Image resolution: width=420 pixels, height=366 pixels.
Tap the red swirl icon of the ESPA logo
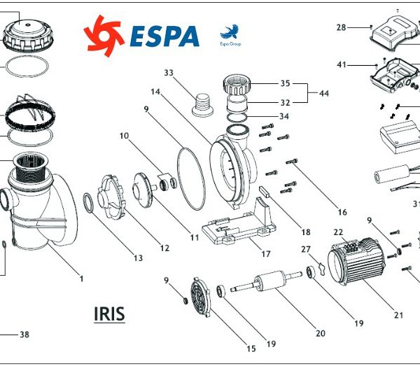(x=104, y=34)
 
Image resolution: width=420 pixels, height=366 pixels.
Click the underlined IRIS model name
(x=109, y=314)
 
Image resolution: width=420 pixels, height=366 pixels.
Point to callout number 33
(x=169, y=73)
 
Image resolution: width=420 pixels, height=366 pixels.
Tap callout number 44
(x=323, y=93)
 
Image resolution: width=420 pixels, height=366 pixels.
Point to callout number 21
(x=400, y=314)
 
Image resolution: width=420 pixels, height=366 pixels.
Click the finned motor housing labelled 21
(x=358, y=266)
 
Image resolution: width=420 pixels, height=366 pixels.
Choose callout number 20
(x=321, y=333)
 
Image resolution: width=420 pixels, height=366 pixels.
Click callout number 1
(x=81, y=279)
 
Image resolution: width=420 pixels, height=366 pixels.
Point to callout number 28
(x=341, y=27)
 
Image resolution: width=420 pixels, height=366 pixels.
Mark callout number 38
(x=24, y=335)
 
